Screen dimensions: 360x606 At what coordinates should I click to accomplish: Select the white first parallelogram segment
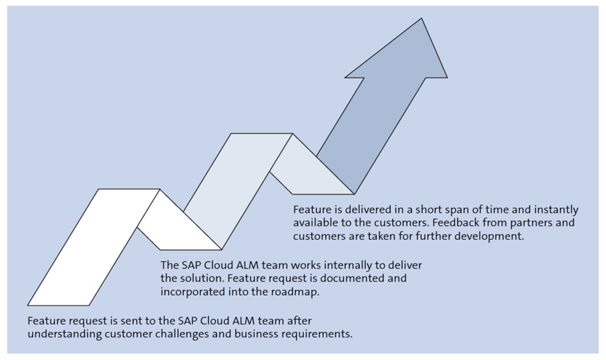(x=94, y=247)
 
